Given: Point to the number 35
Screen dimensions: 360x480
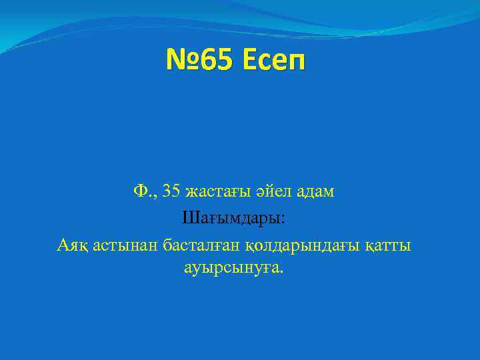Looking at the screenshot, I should pyautogui.click(x=171, y=192).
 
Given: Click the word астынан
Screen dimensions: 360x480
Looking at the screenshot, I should pyautogui.click(x=124, y=246).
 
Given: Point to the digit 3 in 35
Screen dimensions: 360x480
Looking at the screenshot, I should pyautogui.click(x=167, y=192).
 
